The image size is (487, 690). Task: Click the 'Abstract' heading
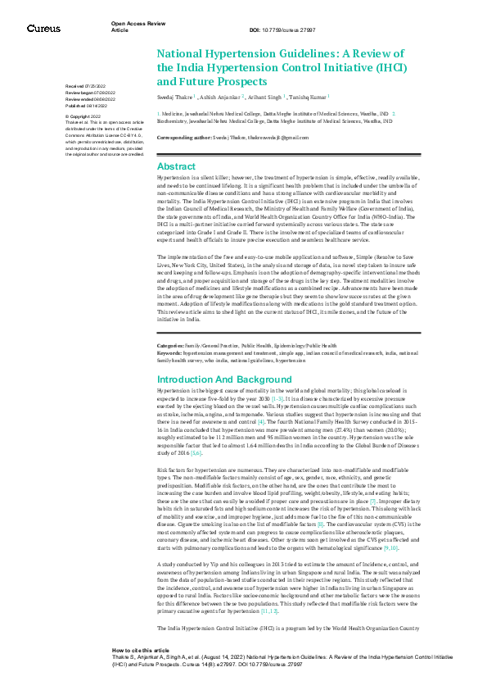(176, 166)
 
